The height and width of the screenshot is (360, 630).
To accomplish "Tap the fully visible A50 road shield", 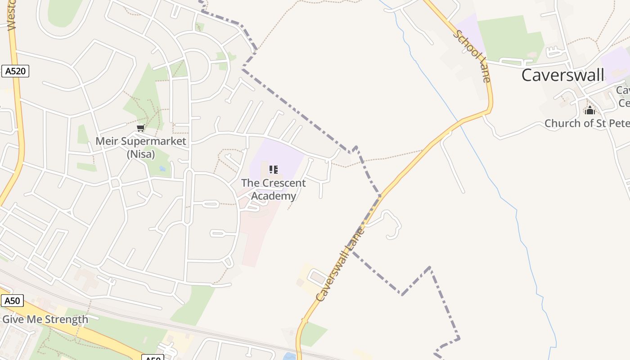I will (12, 301).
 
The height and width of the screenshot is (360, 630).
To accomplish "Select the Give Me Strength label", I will (45, 319).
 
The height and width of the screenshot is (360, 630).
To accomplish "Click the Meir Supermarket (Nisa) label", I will (140, 148).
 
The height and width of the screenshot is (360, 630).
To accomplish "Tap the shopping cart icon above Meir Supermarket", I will (141, 128).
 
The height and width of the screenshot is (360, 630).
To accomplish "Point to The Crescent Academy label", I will (273, 189).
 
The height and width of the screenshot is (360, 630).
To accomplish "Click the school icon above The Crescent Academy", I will (273, 170).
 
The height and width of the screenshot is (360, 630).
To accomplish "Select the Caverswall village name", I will (562, 75).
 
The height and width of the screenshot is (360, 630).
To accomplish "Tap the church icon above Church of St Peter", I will (590, 110).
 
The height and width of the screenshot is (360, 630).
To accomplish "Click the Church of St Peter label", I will (587, 123).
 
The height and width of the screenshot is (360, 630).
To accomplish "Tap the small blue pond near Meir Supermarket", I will (162, 169).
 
